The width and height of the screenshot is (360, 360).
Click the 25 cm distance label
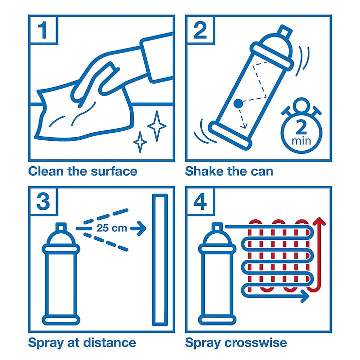pyautogui.click(x=112, y=228)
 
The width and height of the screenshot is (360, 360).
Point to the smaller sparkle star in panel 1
pyautogui.click(x=140, y=142)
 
